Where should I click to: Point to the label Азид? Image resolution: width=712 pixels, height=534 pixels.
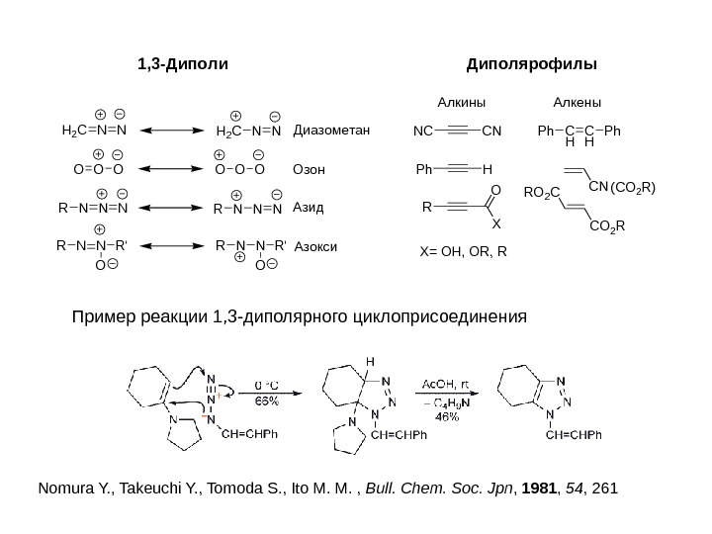(x=310, y=209)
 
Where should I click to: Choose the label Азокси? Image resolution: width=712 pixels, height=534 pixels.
(x=315, y=247)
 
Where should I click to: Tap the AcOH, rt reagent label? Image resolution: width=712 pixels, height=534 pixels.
(x=448, y=384)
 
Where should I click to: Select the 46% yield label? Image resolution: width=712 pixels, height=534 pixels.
(x=448, y=416)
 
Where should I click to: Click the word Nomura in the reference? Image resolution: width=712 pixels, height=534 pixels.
(x=61, y=489)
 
